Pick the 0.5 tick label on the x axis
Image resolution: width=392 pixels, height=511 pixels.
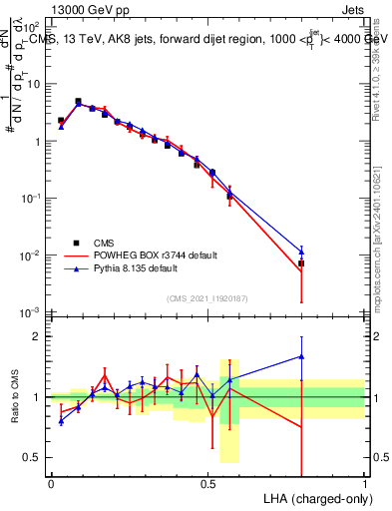(207, 483)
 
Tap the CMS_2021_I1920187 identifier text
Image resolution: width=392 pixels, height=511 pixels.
(207, 298)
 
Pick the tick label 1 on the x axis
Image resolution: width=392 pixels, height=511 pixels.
(365, 483)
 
